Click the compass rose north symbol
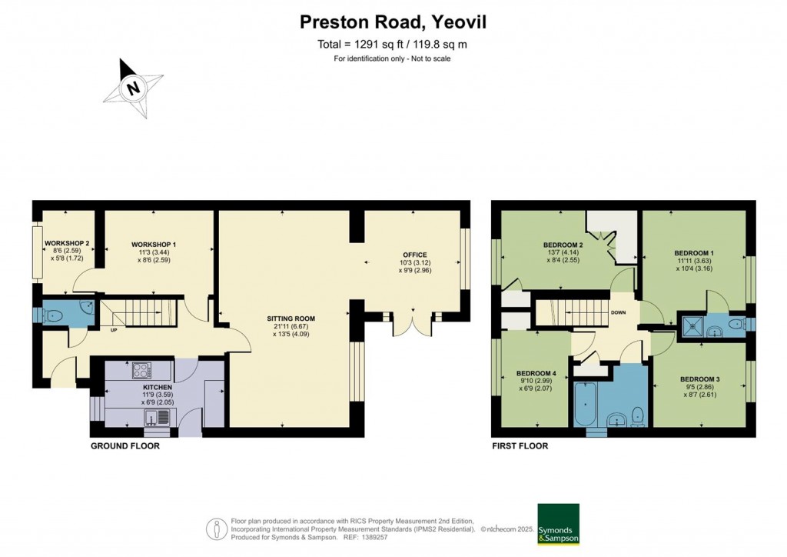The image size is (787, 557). tap(134, 88)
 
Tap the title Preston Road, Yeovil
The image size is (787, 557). tap(393, 23)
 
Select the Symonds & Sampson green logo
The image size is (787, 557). tap(557, 524)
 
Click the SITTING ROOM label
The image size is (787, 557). tap(291, 318)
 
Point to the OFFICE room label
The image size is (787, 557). tap(414, 255)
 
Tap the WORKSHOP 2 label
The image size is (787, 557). tap(67, 244)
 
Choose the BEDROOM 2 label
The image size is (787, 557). tap(563, 245)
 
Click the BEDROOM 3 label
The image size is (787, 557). tap(699, 379)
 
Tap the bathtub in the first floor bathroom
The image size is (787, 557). tap(583, 405)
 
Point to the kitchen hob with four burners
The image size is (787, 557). tap(142, 369)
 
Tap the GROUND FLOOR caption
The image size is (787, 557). tap(125, 446)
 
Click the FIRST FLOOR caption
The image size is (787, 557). tap(520, 446)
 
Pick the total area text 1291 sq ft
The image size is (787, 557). tap(393, 45)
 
